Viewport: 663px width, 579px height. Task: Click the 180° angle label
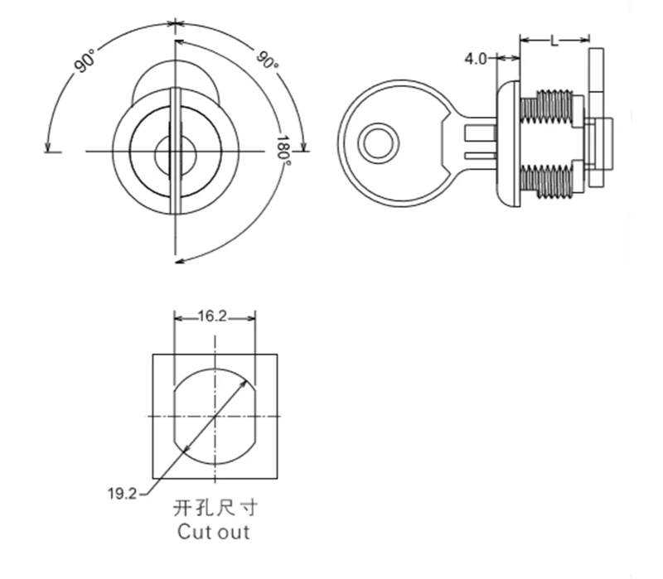(x=283, y=151)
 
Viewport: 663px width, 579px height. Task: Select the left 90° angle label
(x=85, y=61)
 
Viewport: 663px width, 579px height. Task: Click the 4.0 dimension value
(x=476, y=59)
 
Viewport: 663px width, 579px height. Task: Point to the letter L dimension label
(x=554, y=41)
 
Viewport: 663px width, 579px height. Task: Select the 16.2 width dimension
(x=213, y=316)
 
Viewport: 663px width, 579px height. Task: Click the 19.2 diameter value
(x=122, y=493)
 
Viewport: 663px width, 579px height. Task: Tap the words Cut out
(x=214, y=532)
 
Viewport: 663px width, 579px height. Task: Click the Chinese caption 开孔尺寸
(x=215, y=508)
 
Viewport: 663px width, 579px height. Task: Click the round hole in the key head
(x=378, y=142)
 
